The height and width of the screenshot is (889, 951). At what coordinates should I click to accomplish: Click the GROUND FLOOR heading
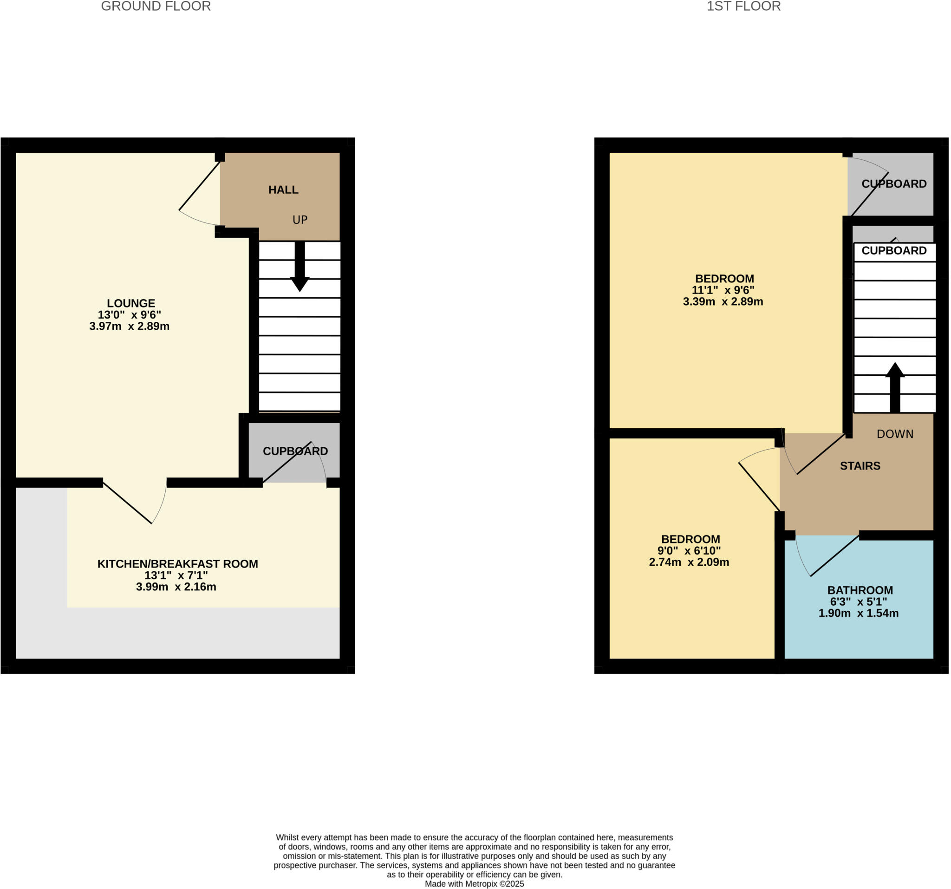coord(156,7)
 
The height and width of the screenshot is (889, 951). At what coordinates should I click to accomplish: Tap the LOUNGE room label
coord(130,303)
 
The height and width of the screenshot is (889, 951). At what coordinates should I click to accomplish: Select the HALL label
coord(283,190)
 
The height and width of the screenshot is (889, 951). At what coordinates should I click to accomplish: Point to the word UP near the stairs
coord(300,220)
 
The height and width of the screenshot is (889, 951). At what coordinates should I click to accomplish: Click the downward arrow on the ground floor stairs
coord(300,268)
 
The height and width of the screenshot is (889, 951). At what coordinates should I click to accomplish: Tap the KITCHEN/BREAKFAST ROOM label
coord(177,564)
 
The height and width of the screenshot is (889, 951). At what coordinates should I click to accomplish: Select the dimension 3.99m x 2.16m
coord(176,587)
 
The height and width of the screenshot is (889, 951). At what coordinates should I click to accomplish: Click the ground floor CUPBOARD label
coord(295,451)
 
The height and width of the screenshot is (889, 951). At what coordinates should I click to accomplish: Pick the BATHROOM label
coord(860,590)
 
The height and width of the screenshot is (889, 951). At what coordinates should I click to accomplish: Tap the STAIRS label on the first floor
coord(860,466)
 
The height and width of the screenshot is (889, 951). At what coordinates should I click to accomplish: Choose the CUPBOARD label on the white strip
coord(894,251)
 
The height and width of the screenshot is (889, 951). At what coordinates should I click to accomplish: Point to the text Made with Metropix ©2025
coord(475,884)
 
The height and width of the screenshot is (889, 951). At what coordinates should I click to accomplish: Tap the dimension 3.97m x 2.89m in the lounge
coord(129,327)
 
